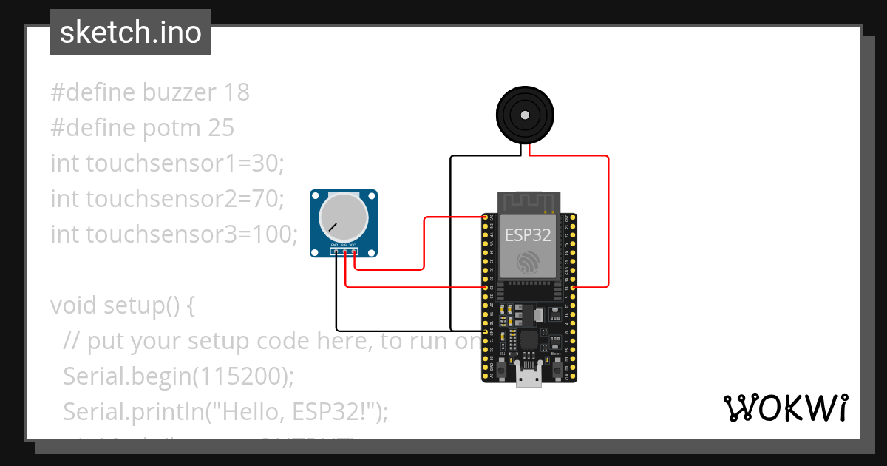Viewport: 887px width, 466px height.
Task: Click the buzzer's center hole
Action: [524, 115]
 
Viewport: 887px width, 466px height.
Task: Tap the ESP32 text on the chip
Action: [528, 235]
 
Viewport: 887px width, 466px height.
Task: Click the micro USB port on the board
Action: [528, 379]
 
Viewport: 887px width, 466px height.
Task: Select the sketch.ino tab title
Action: [130, 33]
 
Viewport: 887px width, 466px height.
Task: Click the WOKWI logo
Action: [785, 408]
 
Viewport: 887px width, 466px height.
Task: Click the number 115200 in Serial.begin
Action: [239, 376]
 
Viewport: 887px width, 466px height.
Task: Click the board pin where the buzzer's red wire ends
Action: [574, 287]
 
